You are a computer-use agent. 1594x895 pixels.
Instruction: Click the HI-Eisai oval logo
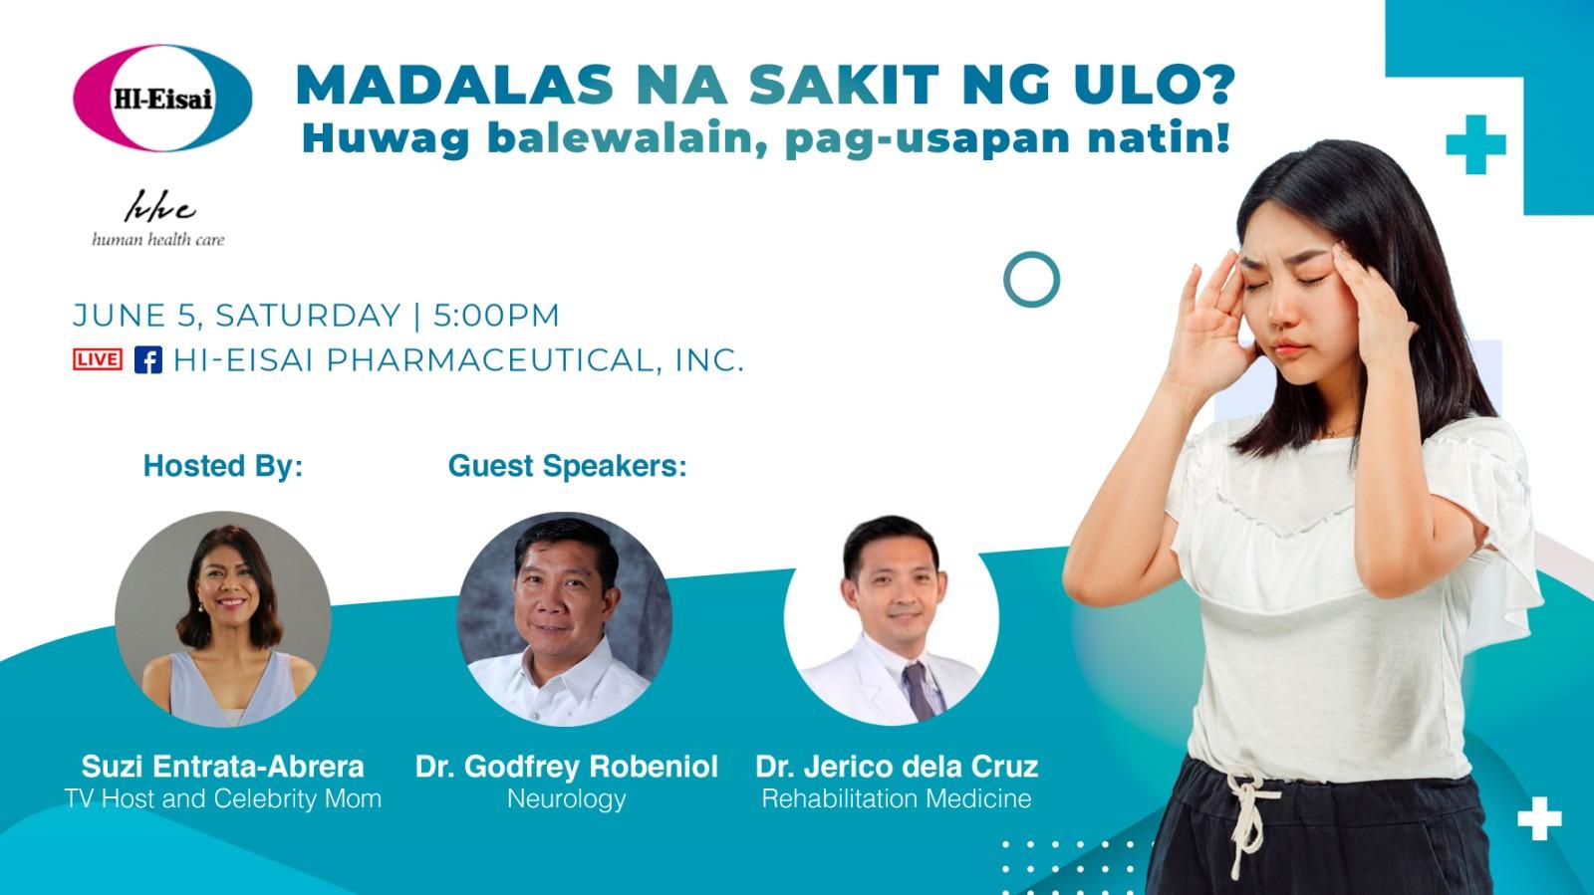coord(162,99)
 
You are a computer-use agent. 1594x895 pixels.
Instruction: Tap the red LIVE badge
coord(98,359)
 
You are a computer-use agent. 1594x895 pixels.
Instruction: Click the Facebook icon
coord(148,359)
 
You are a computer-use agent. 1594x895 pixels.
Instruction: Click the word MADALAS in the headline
coord(454,86)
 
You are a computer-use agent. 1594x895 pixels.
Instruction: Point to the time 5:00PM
coord(496,316)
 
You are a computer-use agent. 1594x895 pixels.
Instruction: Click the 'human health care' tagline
coord(158,240)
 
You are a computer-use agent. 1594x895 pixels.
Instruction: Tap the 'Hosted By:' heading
coord(223,466)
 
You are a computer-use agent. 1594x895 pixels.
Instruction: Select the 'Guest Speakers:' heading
coord(567,466)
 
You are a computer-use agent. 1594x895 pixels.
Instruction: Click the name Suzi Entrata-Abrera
coord(223,767)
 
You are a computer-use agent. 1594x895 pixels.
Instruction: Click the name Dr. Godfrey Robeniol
coord(567,767)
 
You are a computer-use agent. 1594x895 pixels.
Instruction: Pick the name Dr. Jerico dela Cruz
coord(897,767)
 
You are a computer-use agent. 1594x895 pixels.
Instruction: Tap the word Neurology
coord(567,799)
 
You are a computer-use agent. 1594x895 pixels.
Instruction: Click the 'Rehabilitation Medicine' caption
coord(897,798)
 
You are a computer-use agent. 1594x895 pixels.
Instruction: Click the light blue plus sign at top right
coord(1475,144)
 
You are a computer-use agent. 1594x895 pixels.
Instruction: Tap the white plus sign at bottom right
coord(1540,818)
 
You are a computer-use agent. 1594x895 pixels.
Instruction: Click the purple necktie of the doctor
coord(919,691)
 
